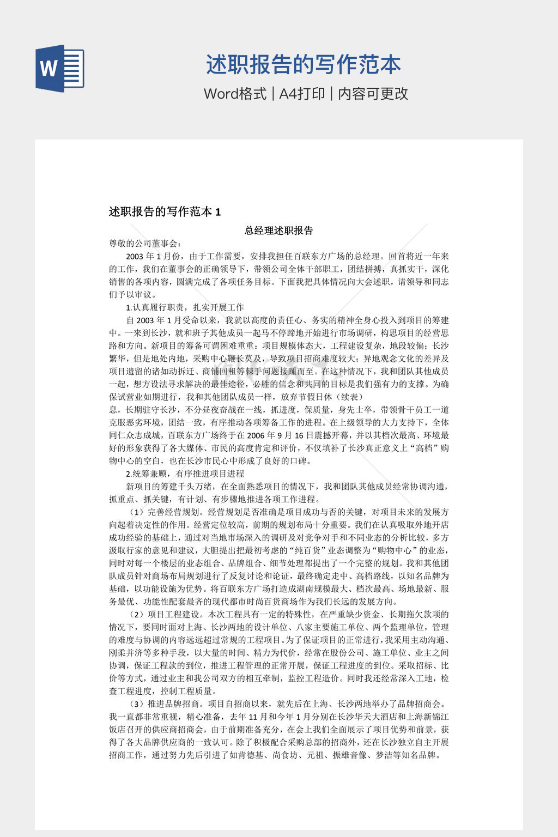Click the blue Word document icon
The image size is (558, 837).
[x=60, y=68]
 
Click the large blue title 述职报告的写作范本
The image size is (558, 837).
[x=303, y=65]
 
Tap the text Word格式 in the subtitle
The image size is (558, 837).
[x=235, y=94]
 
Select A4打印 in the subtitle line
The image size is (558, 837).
[x=302, y=94]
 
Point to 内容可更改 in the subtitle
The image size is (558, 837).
[x=373, y=94]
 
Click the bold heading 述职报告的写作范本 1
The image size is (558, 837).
[x=165, y=212]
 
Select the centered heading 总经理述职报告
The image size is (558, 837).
[x=278, y=231]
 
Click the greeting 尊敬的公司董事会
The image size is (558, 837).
[x=145, y=244]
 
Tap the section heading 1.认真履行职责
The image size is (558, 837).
[x=185, y=307]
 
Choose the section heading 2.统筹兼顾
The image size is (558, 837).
[x=185, y=474]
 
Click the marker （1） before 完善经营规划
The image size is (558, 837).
[x=137, y=512]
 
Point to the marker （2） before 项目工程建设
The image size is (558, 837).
[x=137, y=615]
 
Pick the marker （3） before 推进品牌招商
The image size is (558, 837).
[x=137, y=704]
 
